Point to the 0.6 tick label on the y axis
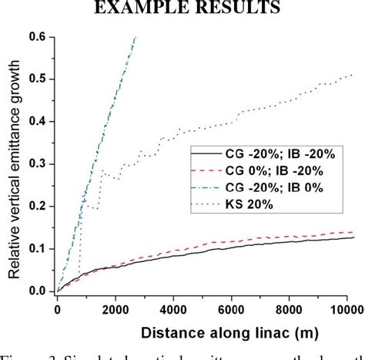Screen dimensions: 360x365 point(37,36)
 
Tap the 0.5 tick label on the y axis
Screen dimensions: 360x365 point(37,79)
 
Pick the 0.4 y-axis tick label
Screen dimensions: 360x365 point(37,121)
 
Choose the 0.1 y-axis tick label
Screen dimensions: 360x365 point(37,248)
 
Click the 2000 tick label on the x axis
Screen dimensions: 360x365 point(116,308)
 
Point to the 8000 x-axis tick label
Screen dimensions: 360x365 point(293,308)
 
